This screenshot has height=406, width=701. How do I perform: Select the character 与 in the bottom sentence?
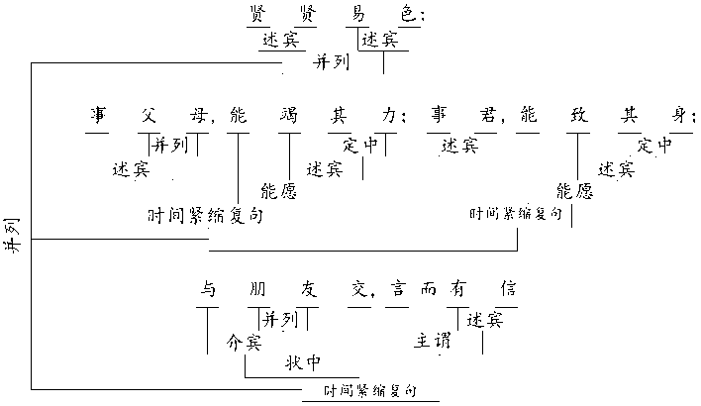point(208,291)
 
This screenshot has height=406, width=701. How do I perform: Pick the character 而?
point(428,291)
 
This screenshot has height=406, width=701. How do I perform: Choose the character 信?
point(508,291)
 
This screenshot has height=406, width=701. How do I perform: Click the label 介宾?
point(244,343)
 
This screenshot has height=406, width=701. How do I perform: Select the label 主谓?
point(433,342)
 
